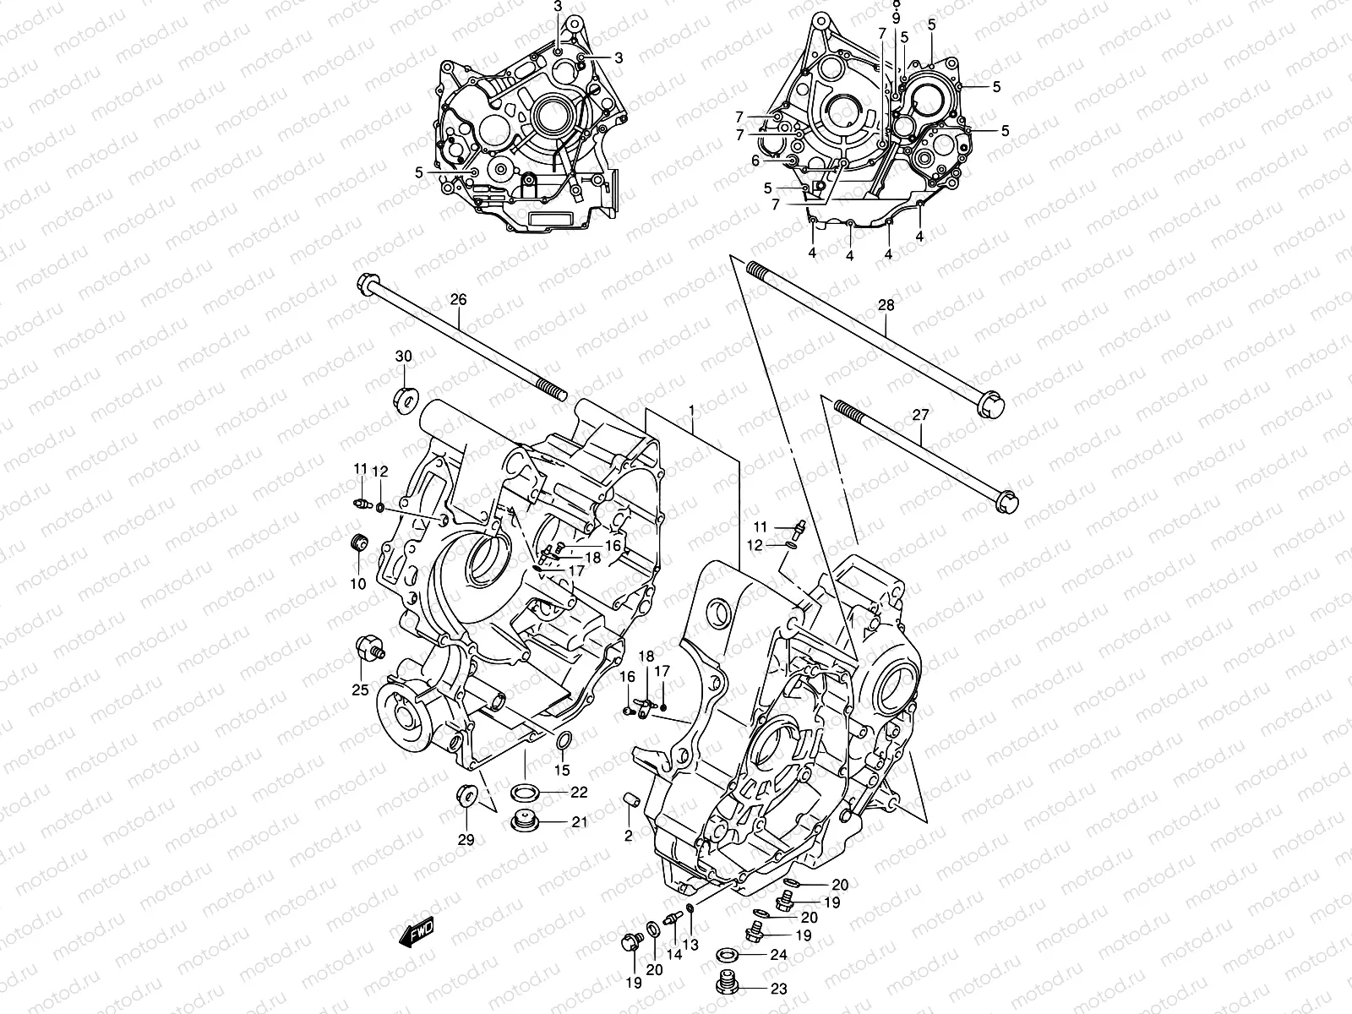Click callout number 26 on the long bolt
pos(458,299)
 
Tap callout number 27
pos(920,414)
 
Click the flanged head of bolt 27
pos(1007,502)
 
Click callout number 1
pos(691,411)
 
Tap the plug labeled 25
pos(365,651)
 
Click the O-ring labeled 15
pos(562,743)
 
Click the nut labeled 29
pos(466,795)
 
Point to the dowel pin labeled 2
pos(630,800)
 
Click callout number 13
pos(691,943)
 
